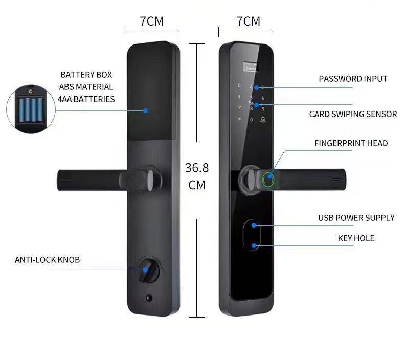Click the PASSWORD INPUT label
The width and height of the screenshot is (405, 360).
pos(353,79)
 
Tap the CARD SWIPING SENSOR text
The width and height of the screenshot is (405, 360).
pos(353,114)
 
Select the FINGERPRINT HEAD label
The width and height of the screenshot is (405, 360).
pos(351,143)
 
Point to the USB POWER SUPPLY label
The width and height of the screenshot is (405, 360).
pos(356,218)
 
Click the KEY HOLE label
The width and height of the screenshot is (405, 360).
pos(356,238)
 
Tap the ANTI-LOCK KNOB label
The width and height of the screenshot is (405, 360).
pos(47,260)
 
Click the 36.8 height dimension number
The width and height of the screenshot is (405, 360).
pos(197,168)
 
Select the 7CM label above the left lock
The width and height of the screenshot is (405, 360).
pos(152,21)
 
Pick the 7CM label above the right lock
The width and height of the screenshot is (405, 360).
pos(248,21)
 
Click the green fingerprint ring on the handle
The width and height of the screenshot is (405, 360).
pos(268,180)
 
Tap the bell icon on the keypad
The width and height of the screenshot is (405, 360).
pos(262,120)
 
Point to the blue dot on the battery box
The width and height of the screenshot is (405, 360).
pos(146,110)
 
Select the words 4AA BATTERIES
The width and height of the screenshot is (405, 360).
pos(86,99)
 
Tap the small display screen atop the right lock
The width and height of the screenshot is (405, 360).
pos(251,66)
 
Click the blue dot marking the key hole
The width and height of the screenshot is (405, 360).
pos(254,245)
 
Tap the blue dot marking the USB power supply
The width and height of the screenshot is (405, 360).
pos(254,224)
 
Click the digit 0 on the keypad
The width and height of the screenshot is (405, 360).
pos(251,120)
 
